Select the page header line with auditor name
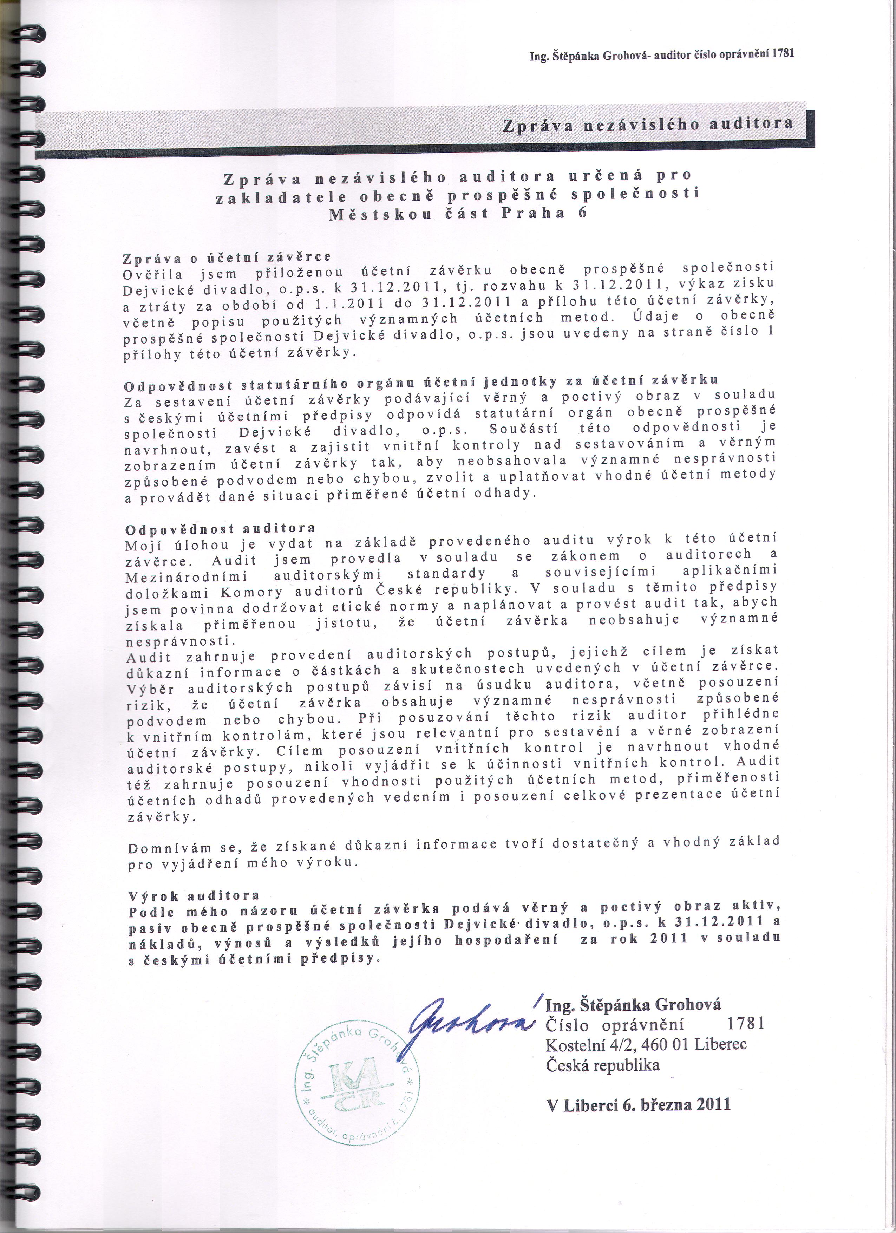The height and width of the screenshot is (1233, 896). [x=662, y=54]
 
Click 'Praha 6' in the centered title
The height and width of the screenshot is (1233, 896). [x=544, y=213]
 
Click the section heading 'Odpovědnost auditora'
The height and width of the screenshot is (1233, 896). [x=220, y=528]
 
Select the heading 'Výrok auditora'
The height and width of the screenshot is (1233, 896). [x=194, y=895]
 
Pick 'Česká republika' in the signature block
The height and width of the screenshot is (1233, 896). [x=602, y=1064]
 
